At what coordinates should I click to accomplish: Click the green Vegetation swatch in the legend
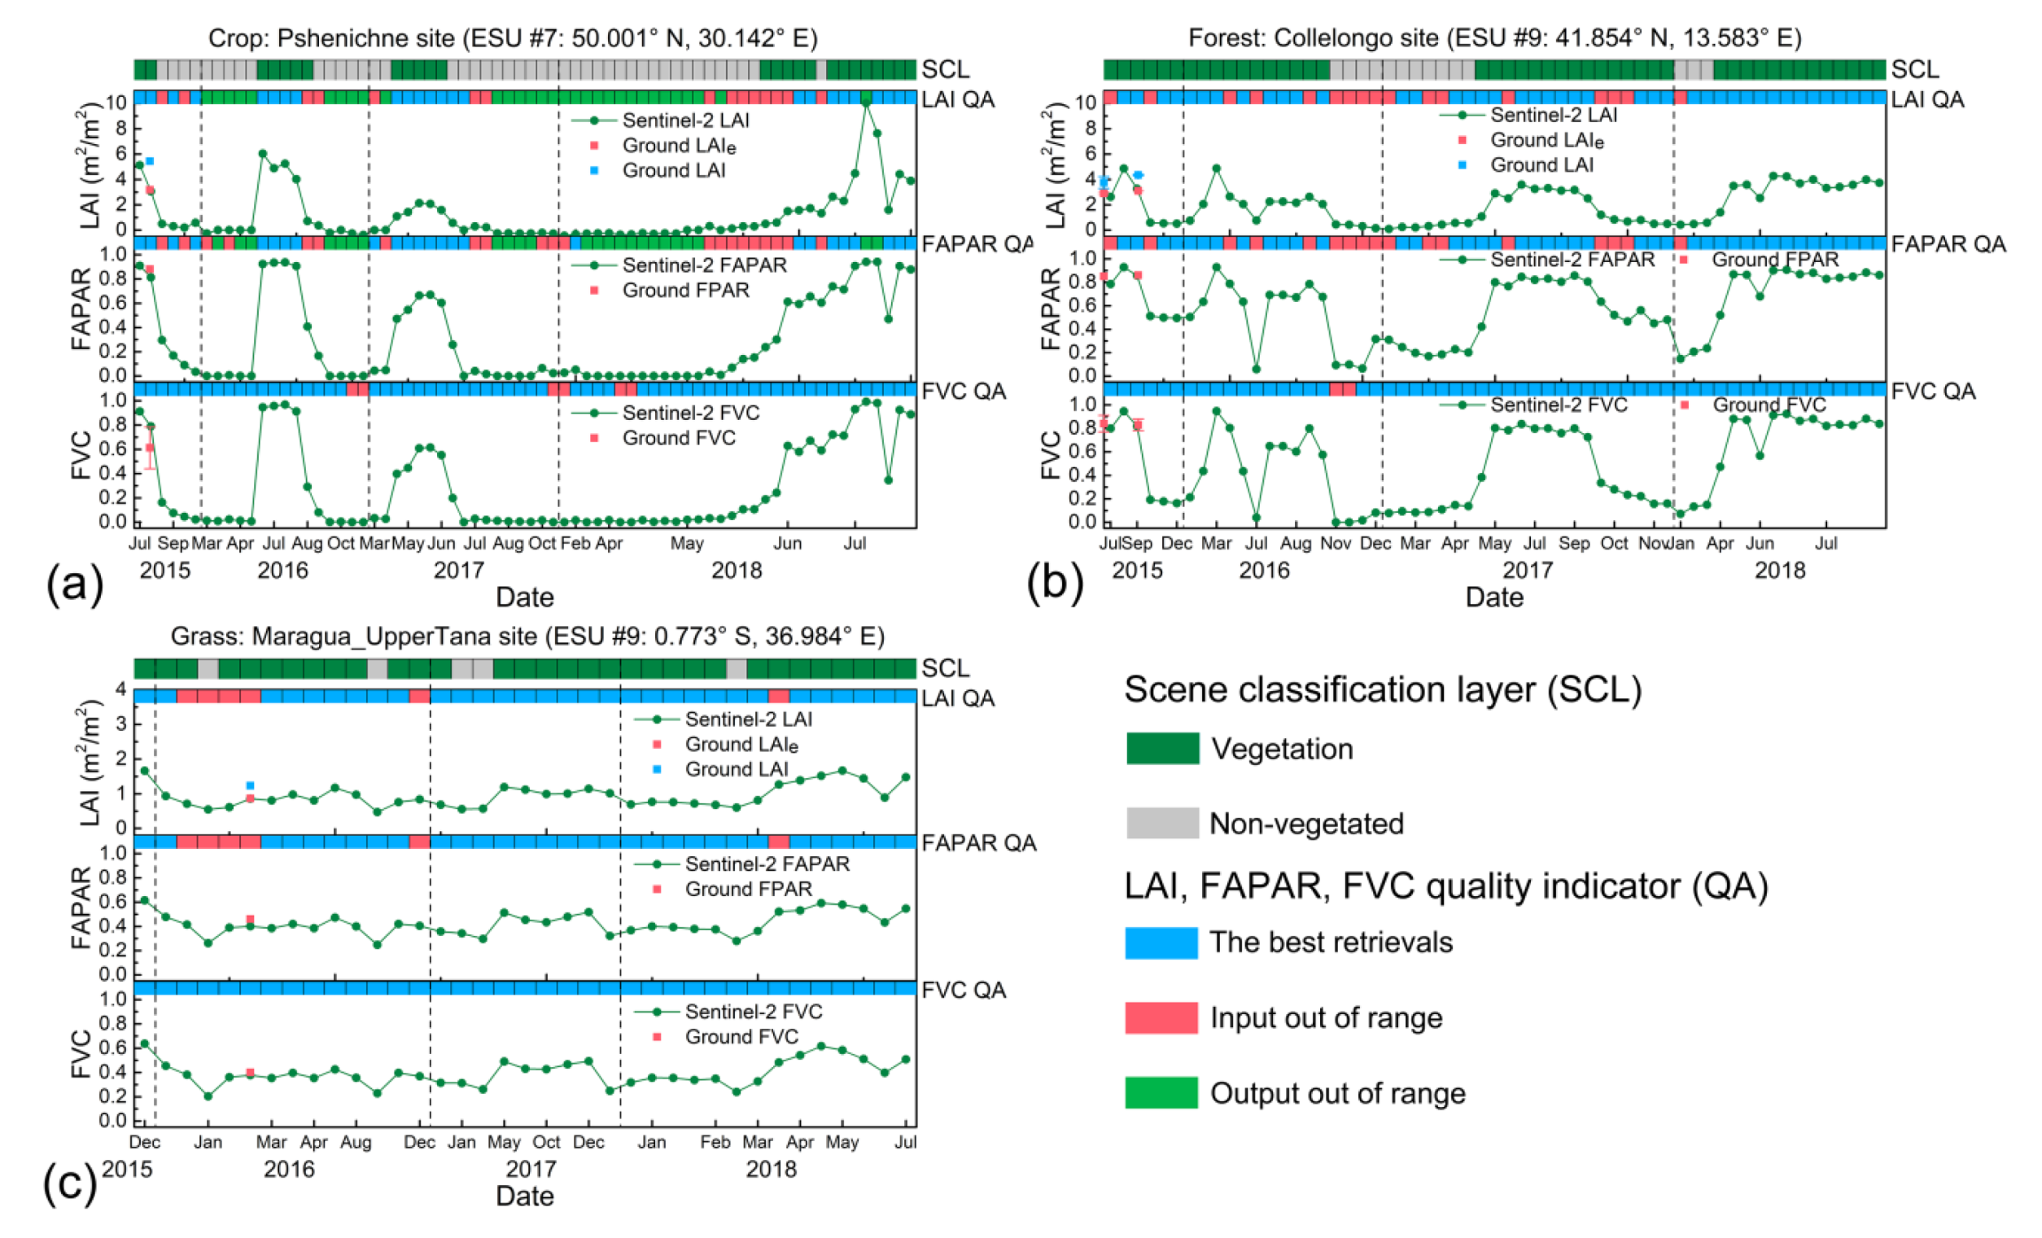1162,748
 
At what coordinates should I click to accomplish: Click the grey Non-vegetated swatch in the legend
1162,823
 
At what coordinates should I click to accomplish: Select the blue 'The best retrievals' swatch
1161,943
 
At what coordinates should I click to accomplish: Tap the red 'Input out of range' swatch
1161,1017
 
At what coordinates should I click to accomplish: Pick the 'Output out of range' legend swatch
1161,1092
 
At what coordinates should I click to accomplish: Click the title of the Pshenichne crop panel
512,38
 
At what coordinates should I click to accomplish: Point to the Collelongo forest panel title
1494,38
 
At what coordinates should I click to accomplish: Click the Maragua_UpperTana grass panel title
527,636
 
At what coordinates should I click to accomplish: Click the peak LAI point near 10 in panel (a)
866,102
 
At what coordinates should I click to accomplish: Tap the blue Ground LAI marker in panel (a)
150,161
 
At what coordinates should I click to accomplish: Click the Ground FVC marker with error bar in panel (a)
150,448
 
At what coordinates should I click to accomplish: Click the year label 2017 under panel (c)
531,1168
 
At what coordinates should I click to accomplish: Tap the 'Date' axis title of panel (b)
1493,597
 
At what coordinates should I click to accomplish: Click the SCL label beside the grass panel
945,668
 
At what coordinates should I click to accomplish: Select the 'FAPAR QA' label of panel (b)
1948,244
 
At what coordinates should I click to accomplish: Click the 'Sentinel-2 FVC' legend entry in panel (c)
753,1012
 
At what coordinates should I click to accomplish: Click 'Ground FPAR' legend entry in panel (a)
685,290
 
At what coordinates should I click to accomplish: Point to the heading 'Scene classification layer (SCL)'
1382,689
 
